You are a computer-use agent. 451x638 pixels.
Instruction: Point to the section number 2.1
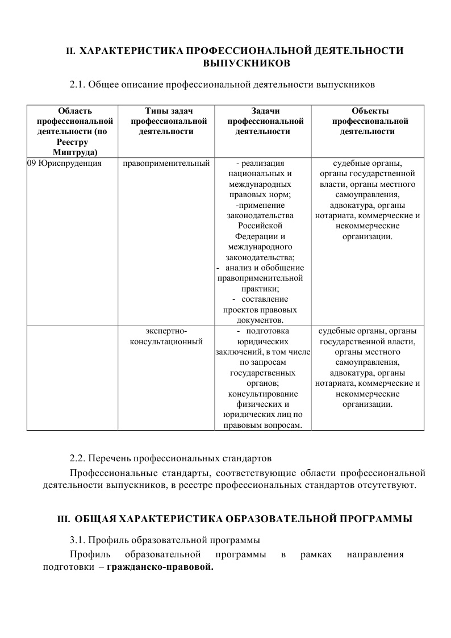click(x=77, y=85)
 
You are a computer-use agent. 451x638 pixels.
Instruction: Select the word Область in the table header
click(x=75, y=111)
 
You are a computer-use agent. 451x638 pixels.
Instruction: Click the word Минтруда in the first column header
click(x=74, y=152)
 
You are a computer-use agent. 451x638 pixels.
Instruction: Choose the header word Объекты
click(x=370, y=111)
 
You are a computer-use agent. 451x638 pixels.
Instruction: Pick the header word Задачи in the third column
click(x=265, y=111)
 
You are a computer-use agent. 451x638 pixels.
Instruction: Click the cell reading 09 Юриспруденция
click(x=64, y=164)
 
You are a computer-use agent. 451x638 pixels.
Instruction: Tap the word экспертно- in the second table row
click(x=166, y=331)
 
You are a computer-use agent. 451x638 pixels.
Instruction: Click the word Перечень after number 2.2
click(x=114, y=458)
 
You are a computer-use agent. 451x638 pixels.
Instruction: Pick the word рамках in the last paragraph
click(x=316, y=554)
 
